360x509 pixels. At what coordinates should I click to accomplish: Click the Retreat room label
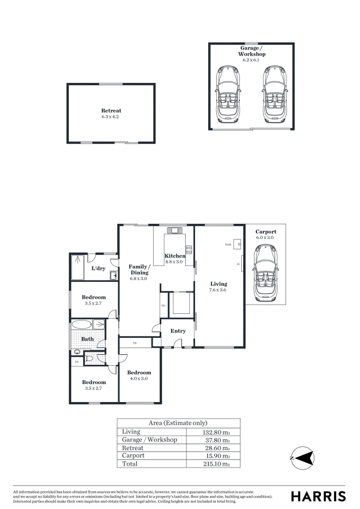pos(111,111)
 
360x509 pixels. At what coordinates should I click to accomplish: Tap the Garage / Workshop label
pos(251,51)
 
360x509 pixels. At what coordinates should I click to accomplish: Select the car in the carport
pos(265,274)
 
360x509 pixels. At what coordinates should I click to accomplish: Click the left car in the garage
pos(228,94)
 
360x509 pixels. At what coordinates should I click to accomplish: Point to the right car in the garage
pos(274,94)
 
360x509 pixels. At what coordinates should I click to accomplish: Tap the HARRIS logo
pos(318,496)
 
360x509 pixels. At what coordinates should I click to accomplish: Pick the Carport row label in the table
pos(133,456)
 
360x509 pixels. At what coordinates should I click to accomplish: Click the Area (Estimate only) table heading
pos(178,423)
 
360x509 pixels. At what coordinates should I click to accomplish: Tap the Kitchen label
pos(174,256)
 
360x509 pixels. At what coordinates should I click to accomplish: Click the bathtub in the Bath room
pos(82,324)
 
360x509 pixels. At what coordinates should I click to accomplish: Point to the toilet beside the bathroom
pos(89,360)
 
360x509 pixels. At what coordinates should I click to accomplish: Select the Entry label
pos(178,331)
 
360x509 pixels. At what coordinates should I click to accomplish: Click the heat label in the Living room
pos(228,245)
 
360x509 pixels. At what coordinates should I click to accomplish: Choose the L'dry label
pos(98,268)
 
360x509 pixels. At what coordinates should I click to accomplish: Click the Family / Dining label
pos(139,270)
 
